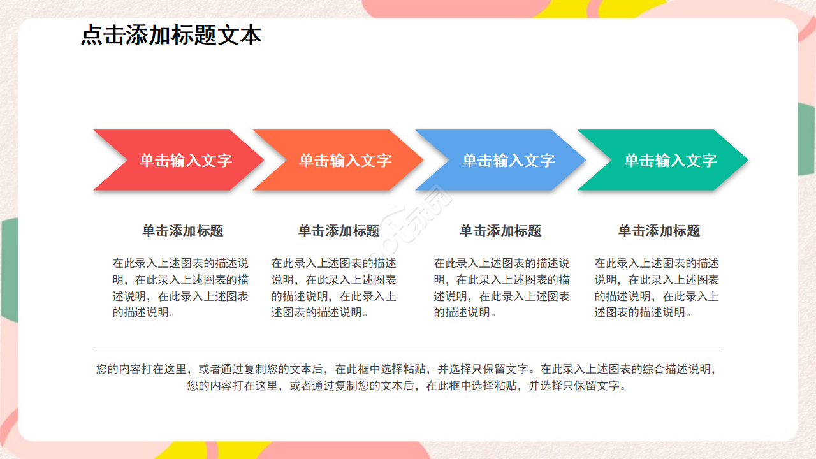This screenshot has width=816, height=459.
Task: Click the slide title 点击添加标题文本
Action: click(171, 35)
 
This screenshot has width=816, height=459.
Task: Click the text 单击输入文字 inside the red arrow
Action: click(186, 161)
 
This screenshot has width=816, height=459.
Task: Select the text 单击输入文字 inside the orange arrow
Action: click(345, 161)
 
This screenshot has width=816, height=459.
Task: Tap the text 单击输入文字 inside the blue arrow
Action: click(508, 161)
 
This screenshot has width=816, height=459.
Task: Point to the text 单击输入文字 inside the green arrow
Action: click(670, 161)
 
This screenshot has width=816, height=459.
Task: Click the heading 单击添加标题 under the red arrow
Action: click(182, 231)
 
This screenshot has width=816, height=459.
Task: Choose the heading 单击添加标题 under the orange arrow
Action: click(339, 231)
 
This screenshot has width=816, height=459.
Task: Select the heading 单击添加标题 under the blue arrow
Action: click(500, 231)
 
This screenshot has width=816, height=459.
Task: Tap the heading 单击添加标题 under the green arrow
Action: click(659, 231)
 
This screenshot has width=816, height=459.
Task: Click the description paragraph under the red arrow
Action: click(180, 288)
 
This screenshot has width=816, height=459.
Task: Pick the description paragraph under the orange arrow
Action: click(334, 288)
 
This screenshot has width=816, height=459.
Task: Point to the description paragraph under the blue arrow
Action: click(502, 288)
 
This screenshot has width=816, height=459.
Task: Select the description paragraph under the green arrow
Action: click(657, 288)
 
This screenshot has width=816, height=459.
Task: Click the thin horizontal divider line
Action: click(409, 349)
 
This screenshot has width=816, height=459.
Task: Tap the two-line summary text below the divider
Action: click(408, 377)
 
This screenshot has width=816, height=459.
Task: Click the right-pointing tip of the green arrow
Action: click(743, 160)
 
